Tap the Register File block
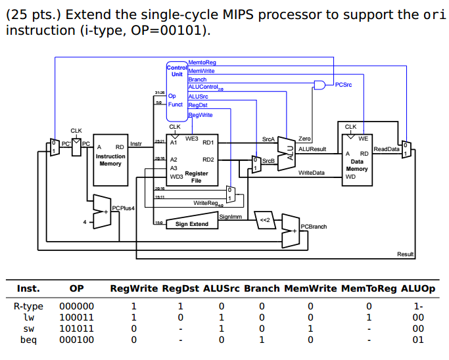[x=191, y=162]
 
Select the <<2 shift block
[x=264, y=220]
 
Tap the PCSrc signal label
[x=344, y=85]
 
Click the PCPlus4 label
[x=123, y=208]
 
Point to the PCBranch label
[x=313, y=227]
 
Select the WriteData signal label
[x=311, y=173]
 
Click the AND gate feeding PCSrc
[x=319, y=85]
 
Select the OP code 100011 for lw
[x=76, y=317]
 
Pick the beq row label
[x=28, y=340]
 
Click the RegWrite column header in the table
[x=133, y=288]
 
